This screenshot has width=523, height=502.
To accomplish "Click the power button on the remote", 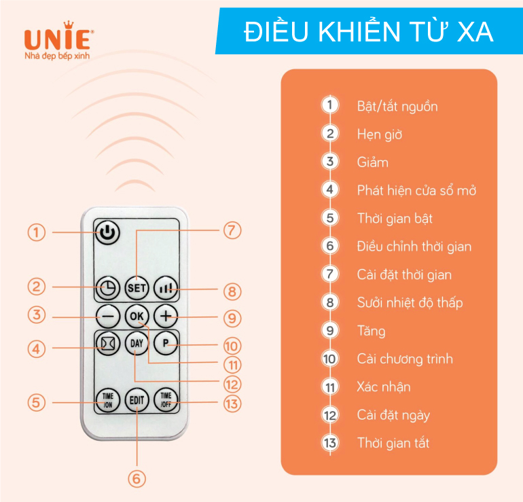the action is (x=107, y=232).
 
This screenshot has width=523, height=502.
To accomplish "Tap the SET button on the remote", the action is (x=137, y=288).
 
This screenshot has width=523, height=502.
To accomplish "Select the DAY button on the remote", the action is (x=137, y=343).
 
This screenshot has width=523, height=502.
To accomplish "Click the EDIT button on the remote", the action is (x=137, y=400).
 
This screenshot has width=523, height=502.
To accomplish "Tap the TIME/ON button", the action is (x=107, y=400).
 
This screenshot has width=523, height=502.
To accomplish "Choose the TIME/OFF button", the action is (x=166, y=400).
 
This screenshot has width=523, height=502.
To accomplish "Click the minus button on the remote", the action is (x=107, y=316).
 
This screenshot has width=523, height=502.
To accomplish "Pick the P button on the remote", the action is (x=166, y=343).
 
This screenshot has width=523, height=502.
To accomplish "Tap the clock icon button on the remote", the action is (x=107, y=288).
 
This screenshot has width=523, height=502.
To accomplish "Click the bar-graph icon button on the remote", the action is (x=166, y=288).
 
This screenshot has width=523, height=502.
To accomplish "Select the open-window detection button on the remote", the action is (x=107, y=343).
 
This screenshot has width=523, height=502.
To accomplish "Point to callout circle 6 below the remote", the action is (x=137, y=479).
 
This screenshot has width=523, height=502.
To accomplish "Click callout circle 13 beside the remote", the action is (x=232, y=404).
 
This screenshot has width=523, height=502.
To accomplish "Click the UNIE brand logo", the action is (x=58, y=40).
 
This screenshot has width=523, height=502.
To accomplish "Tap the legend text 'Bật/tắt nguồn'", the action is (x=397, y=107).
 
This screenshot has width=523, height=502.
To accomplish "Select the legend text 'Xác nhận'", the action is (x=384, y=387).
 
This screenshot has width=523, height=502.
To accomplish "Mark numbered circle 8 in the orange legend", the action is (x=330, y=302).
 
